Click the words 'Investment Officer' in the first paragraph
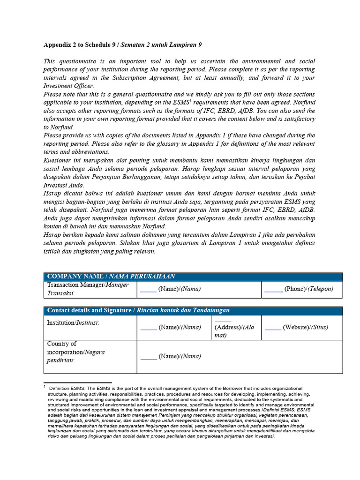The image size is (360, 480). [68, 86]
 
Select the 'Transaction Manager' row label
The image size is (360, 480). [88, 289]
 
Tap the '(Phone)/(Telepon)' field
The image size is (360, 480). [299, 289]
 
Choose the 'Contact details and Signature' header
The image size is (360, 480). [138, 310]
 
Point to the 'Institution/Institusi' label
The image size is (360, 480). [74, 323]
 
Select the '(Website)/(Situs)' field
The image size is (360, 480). [299, 327]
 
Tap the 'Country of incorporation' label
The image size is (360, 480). [69, 352]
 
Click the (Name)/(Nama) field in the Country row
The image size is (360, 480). [170, 356]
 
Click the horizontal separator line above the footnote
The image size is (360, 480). [77, 382]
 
